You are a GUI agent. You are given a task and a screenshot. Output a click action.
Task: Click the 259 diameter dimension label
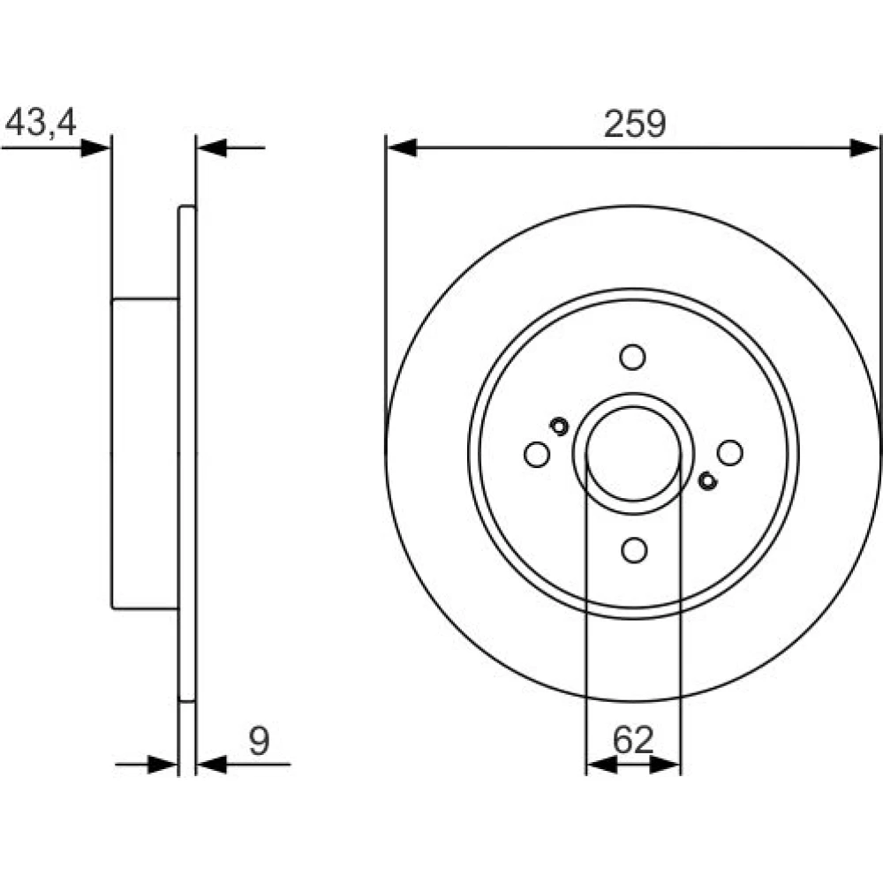pyautogui.click(x=635, y=124)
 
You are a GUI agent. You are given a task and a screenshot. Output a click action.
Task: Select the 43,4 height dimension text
pyautogui.click(x=41, y=122)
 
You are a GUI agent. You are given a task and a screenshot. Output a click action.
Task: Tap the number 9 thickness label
pyautogui.click(x=259, y=741)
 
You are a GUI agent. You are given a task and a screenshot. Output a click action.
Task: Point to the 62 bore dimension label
pyautogui.click(x=633, y=740)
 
